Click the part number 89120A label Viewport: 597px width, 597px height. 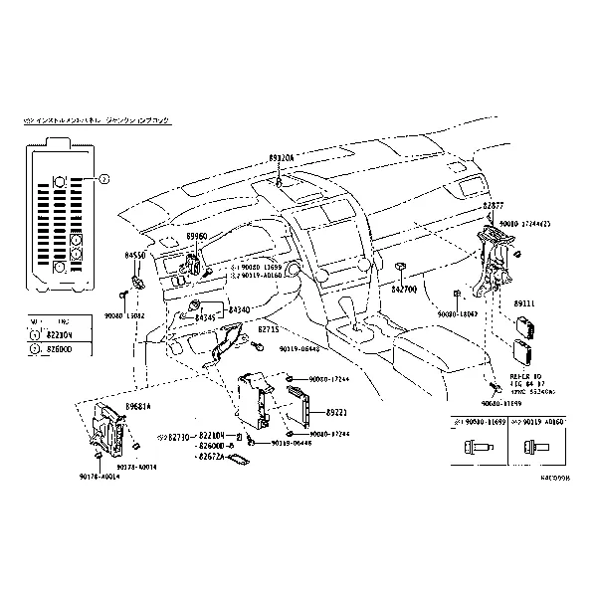pos(282,158)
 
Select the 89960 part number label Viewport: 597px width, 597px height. pos(196,236)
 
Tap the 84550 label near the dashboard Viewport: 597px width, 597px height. pos(135,256)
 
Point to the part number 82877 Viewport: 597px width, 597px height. pos(494,205)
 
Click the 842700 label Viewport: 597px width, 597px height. pos(405,288)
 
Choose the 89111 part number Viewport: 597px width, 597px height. pos(525,301)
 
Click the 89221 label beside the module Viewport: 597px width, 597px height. pos(337,411)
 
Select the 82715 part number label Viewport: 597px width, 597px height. pos(269,328)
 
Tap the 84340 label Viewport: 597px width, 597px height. pos(240,310)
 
